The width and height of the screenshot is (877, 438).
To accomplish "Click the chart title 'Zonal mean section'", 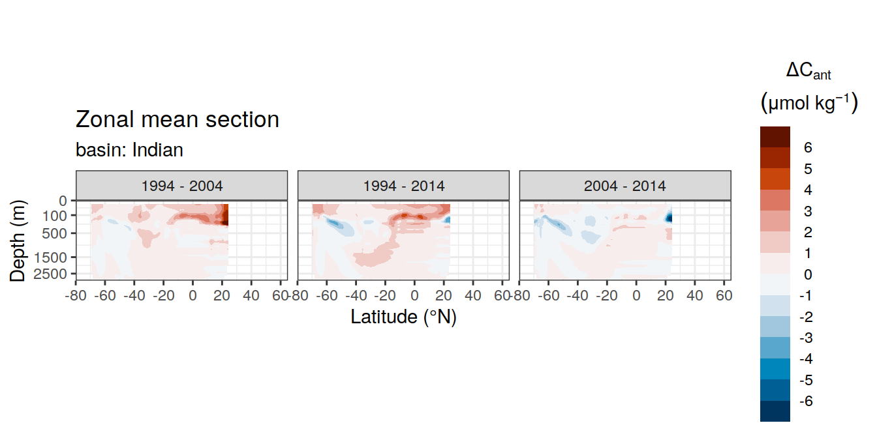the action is (x=177, y=119).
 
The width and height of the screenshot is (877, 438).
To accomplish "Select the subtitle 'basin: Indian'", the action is (x=129, y=150).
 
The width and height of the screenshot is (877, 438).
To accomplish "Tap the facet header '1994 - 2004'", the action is (x=181, y=186).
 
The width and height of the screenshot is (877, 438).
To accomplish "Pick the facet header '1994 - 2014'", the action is (x=404, y=186).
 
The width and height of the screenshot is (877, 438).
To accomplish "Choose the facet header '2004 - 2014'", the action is (x=625, y=186).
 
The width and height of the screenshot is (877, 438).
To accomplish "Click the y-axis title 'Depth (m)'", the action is (x=18, y=241).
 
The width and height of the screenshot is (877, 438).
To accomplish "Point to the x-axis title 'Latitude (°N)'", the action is (x=403, y=316).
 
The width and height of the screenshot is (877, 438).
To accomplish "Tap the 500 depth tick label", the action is (x=54, y=233).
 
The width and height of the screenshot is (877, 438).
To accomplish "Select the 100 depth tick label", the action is (x=54, y=216).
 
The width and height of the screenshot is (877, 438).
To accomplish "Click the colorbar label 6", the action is (x=808, y=147).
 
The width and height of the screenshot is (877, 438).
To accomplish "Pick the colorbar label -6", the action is (x=806, y=401).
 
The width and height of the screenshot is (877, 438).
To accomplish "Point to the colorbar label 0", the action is (x=808, y=274).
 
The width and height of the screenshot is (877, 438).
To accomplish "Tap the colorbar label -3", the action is (x=806, y=338).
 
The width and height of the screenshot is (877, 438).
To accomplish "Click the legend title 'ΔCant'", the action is (x=808, y=71).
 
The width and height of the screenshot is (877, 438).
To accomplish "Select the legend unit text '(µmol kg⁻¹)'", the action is (x=809, y=102).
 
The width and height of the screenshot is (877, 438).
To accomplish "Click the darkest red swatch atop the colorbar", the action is (x=775, y=137).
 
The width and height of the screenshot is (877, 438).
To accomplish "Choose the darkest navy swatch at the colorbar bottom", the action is (x=775, y=411).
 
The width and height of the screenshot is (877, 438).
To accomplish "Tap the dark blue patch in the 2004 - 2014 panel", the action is (x=669, y=217).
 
